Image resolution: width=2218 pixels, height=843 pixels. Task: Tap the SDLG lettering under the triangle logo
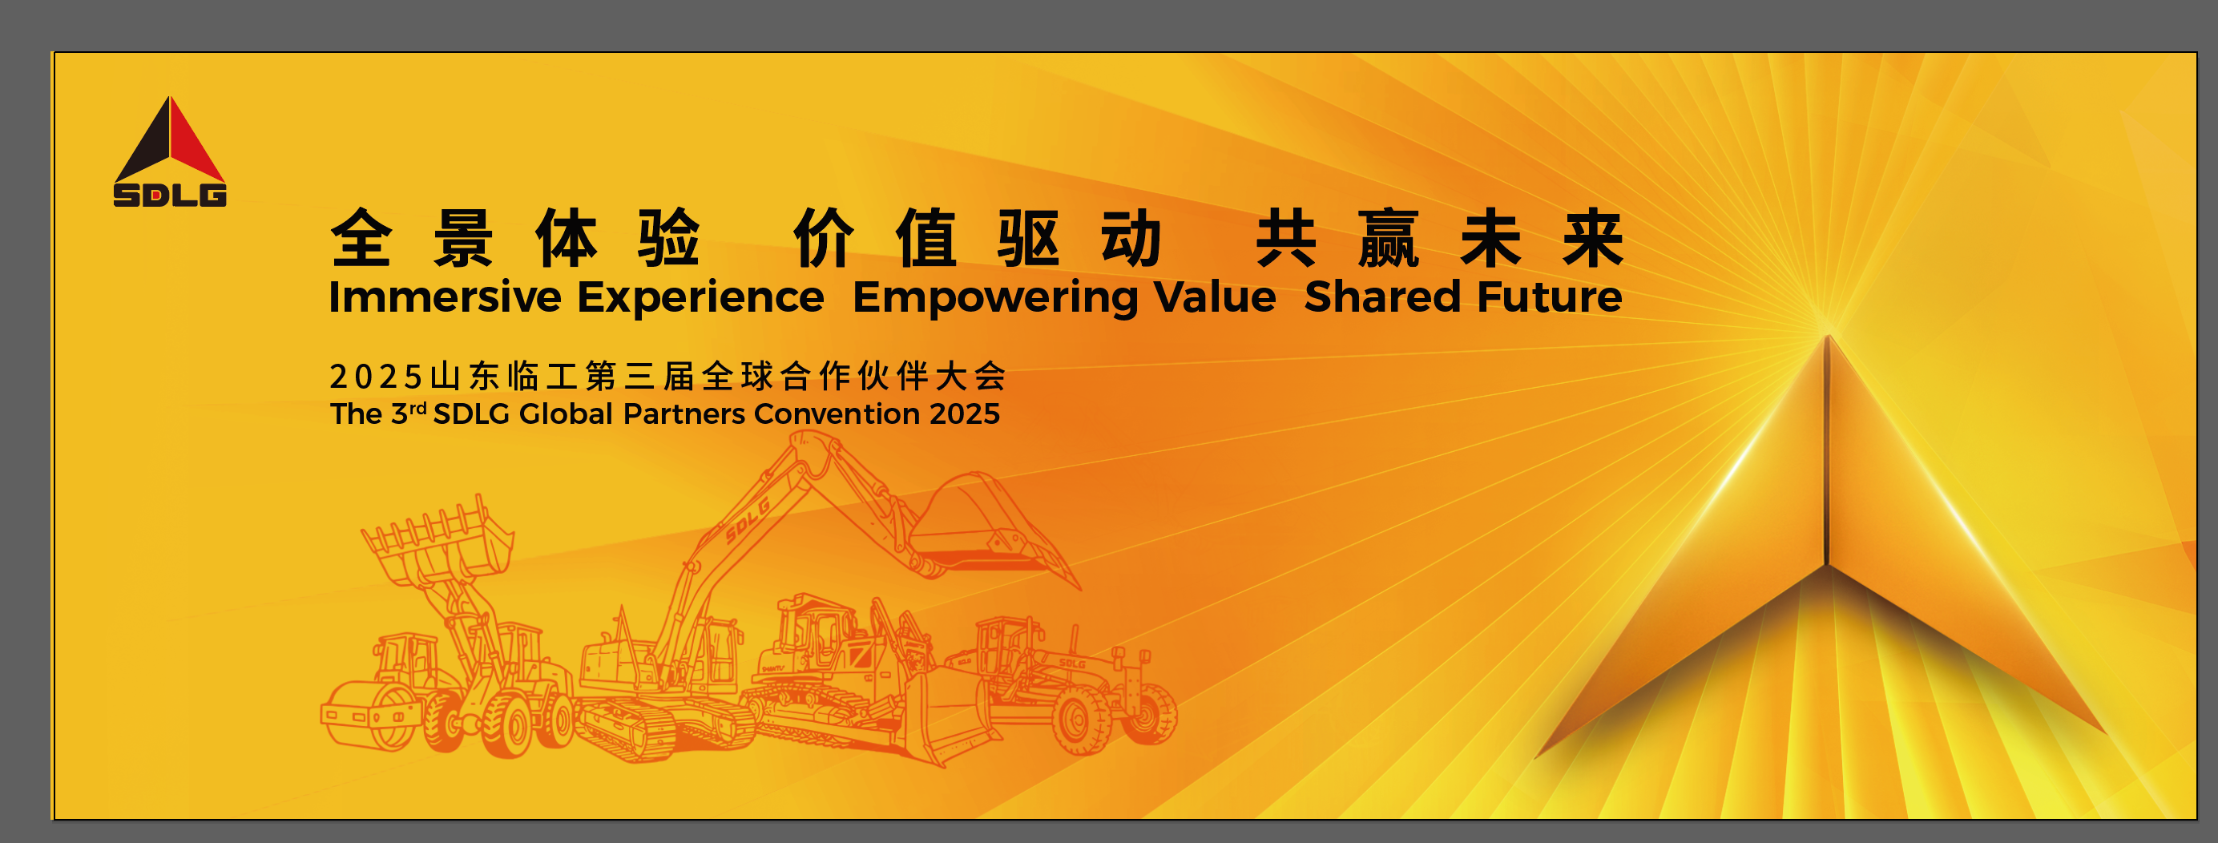tap(170, 195)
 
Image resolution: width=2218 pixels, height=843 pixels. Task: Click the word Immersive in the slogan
tap(446, 297)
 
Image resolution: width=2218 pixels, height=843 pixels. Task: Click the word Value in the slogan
tap(1215, 297)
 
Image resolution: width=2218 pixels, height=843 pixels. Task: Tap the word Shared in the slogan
tap(1383, 297)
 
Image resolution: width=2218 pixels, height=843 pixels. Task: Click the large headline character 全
tap(361, 238)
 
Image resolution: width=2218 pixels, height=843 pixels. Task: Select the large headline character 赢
tap(1388, 238)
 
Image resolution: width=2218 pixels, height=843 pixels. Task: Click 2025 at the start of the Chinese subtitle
tap(375, 377)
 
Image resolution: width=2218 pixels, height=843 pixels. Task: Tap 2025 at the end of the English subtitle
tap(964, 414)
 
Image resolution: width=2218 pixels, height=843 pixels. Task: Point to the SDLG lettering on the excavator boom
tap(748, 520)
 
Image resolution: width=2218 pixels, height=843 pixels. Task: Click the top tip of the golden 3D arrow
tap(1827, 334)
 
